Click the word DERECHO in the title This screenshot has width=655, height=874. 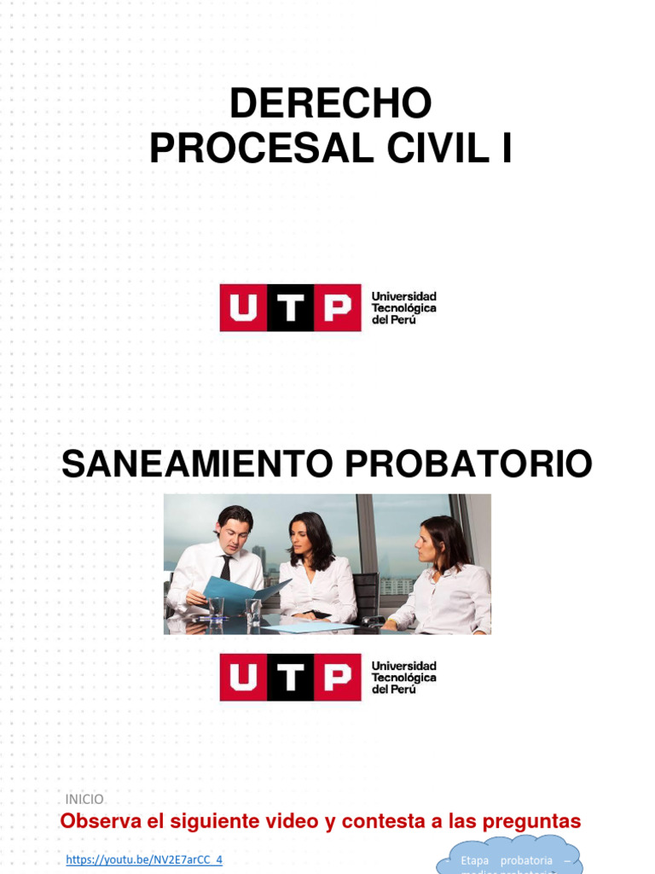[330, 104]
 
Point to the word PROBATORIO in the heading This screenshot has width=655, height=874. [468, 464]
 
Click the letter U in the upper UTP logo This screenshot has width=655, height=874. [243, 307]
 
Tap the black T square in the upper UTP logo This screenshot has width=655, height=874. [291, 307]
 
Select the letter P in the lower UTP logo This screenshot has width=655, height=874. [338, 678]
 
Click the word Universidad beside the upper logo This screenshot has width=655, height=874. [403, 296]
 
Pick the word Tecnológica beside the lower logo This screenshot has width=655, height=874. [403, 678]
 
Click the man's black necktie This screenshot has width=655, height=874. [225, 567]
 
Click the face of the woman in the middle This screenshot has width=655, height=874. [301, 538]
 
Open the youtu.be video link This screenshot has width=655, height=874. [144, 859]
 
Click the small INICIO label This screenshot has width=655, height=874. [84, 799]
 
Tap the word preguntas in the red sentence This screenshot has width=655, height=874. [531, 822]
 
